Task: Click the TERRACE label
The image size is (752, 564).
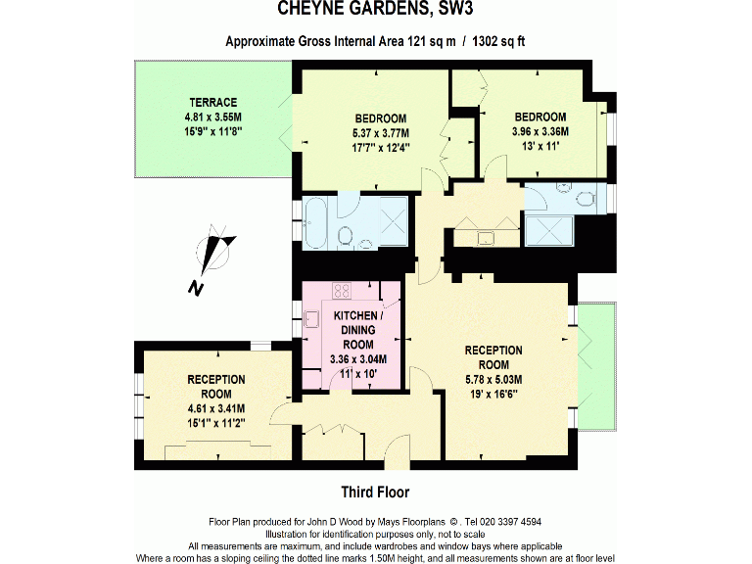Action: click(x=213, y=102)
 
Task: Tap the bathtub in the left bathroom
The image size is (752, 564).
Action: click(x=319, y=224)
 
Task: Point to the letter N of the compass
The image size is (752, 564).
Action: click(x=196, y=288)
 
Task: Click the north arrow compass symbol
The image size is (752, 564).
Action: click(x=215, y=252)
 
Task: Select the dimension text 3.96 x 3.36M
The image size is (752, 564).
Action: click(x=540, y=130)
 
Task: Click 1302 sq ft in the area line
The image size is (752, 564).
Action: click(x=506, y=41)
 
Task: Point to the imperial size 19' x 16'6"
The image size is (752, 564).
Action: click(x=493, y=394)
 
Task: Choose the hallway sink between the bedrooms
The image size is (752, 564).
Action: click(x=485, y=238)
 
